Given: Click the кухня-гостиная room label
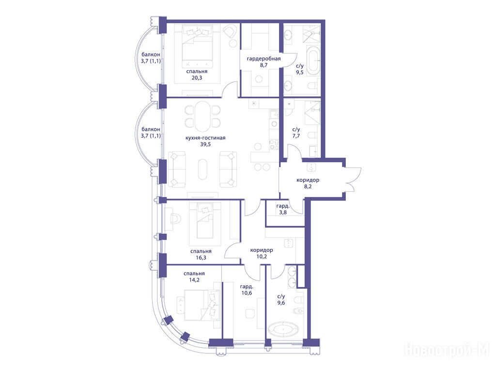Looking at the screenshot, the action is coord(205,138).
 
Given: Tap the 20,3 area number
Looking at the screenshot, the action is coord(197,78).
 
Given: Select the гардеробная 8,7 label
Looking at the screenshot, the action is coord(263,62).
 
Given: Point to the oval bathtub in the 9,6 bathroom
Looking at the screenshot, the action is coord(283,330).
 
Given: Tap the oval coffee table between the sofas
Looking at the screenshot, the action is coord(202,170).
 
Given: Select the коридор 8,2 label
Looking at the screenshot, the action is coord(308,183).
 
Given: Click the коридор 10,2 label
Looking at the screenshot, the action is coord(262,253).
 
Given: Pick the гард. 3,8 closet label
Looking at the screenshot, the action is coord(283,209).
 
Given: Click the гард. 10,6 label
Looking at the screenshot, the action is coord(247,290).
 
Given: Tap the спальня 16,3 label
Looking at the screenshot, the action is coord(201,254).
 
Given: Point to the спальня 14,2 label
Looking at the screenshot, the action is coord(194,277).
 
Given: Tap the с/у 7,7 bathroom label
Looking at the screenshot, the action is coord(296,133).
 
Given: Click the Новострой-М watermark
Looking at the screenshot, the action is coord(447,351).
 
